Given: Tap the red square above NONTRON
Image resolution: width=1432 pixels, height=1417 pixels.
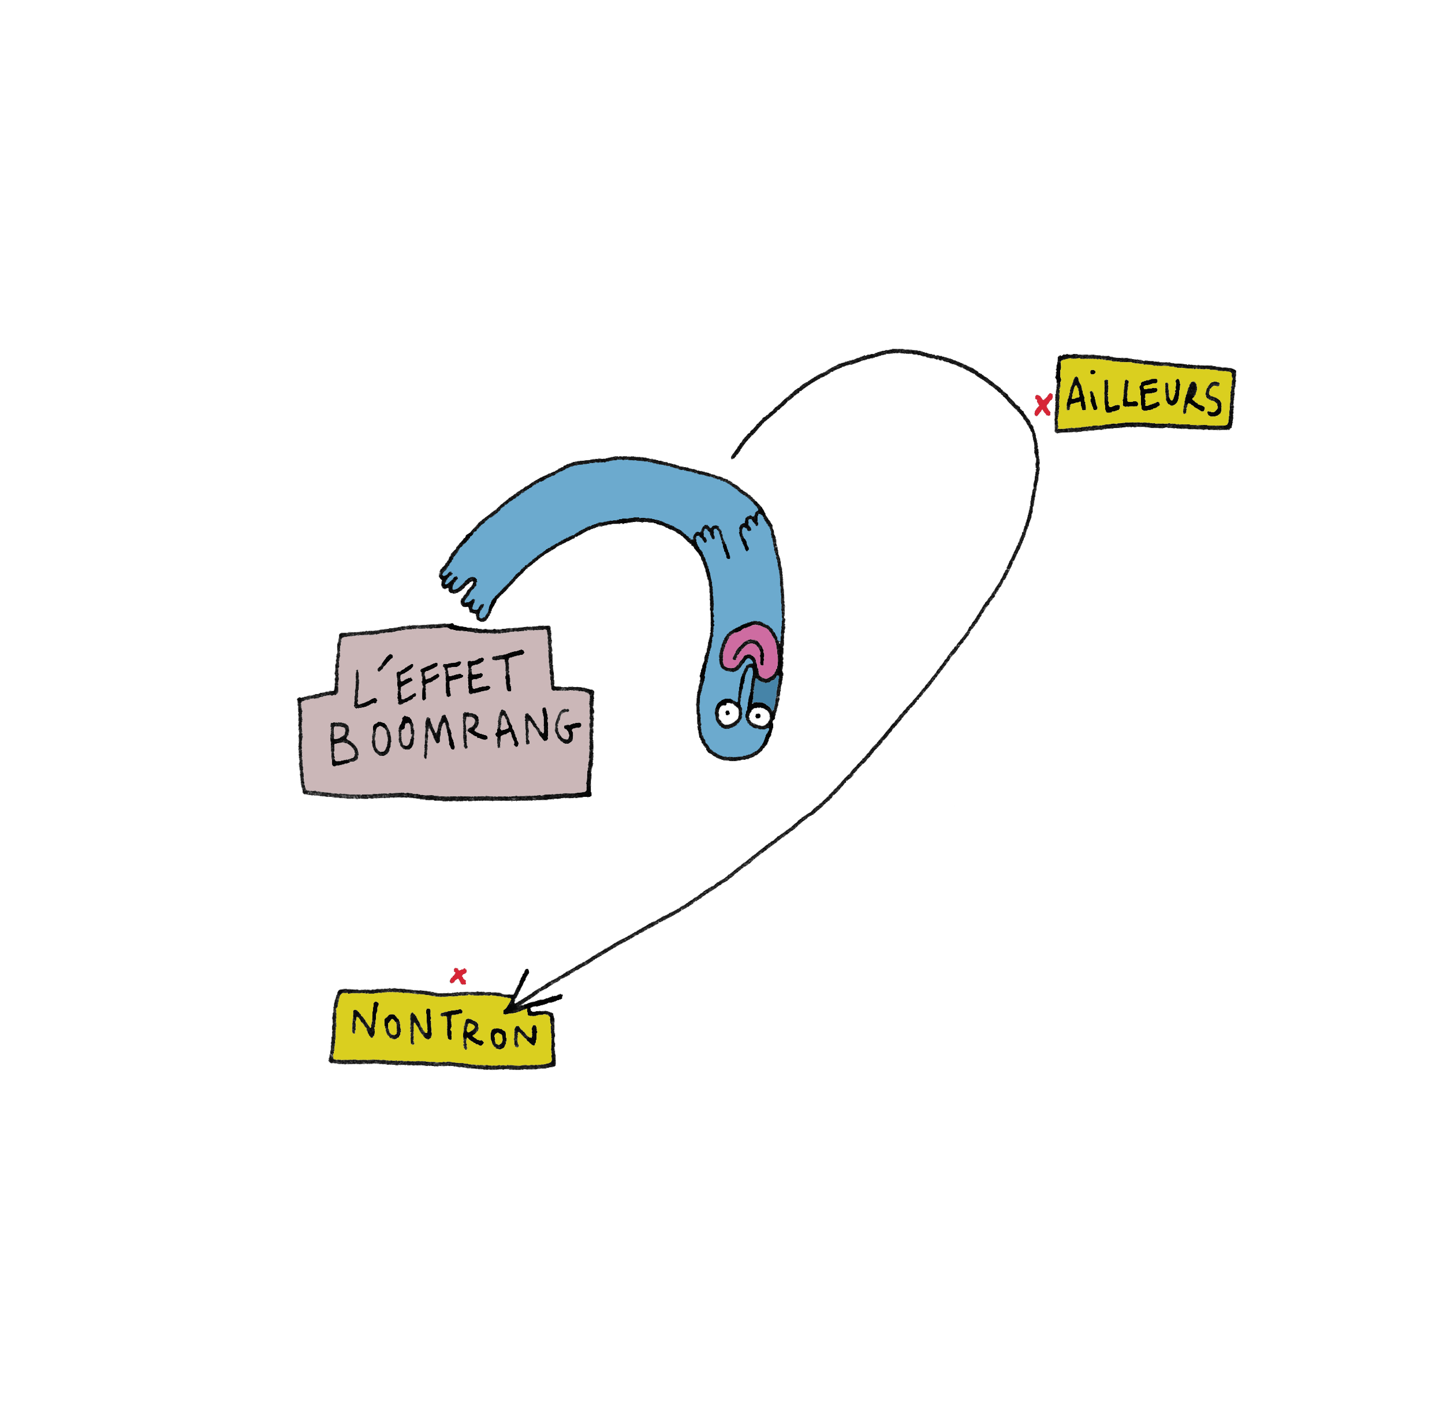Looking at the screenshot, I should coord(458,976).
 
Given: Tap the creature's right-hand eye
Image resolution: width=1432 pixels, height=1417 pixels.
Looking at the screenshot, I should coord(758,715).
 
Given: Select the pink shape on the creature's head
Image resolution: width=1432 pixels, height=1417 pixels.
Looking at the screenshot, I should coord(750,648).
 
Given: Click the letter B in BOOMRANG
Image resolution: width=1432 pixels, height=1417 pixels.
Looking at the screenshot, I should coord(343,744).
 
